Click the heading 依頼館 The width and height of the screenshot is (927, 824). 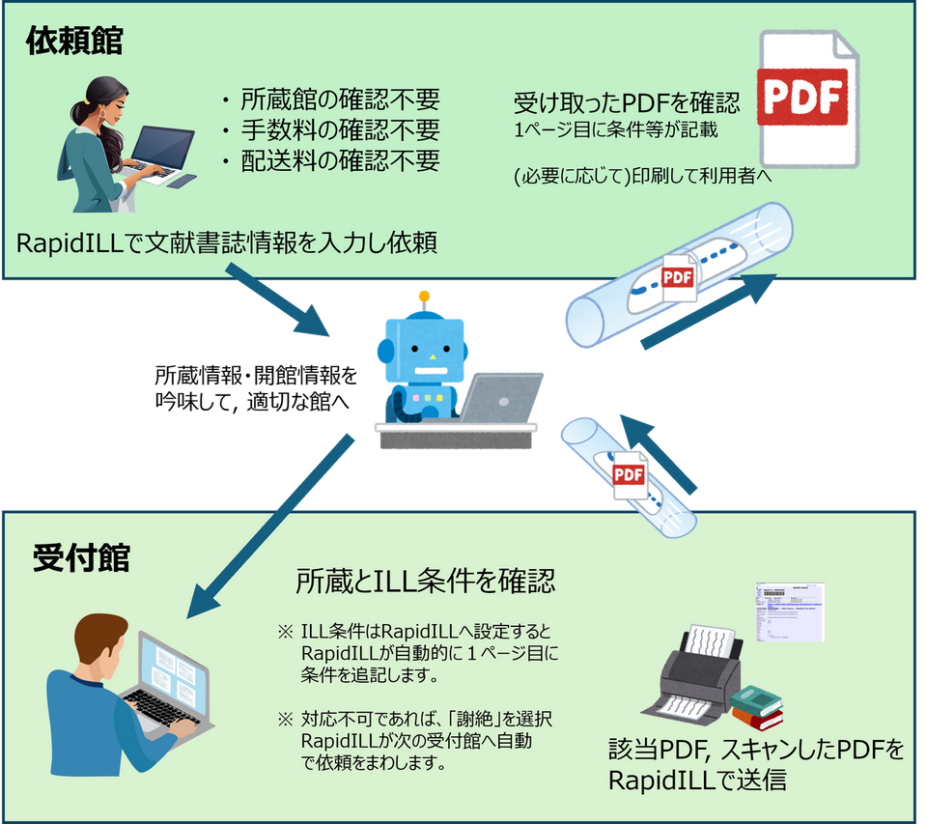[x=74, y=40]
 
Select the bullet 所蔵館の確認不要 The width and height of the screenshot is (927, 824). [x=328, y=99]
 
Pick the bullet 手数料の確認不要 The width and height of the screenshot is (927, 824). [x=328, y=129]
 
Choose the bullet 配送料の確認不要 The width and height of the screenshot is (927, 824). [x=328, y=160]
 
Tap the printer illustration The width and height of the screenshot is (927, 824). [x=700, y=671]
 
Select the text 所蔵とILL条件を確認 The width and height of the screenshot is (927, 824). [x=425, y=582]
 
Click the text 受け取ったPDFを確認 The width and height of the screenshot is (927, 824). [x=627, y=102]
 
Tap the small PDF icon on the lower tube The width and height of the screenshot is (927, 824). [x=629, y=476]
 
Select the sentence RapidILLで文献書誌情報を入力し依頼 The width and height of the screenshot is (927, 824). [x=228, y=242]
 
